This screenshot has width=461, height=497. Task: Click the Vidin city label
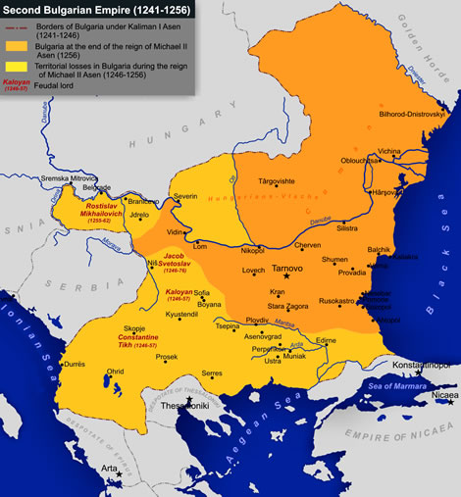[x=175, y=232]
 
